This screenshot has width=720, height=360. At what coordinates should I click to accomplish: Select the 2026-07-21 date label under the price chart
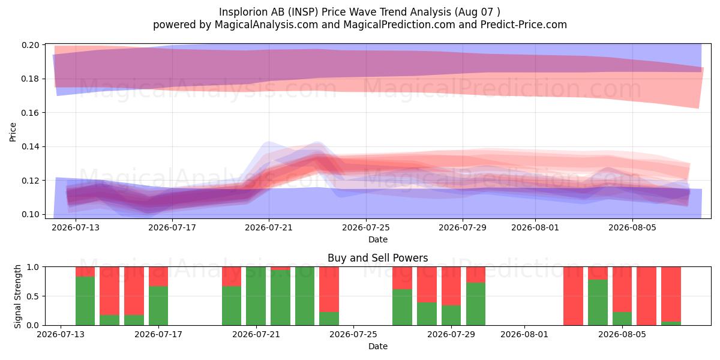coord(269,227)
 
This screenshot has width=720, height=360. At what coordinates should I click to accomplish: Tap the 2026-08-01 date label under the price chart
coord(535,227)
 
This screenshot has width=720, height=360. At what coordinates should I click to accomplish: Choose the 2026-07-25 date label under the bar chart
coord(353,334)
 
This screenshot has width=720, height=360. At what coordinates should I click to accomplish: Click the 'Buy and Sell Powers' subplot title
coord(377,258)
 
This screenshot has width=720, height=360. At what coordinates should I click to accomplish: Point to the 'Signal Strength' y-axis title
coord(17,296)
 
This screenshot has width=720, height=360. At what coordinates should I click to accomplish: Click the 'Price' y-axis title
coord(13,132)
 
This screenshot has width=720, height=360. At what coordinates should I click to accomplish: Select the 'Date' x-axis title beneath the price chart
coord(378,239)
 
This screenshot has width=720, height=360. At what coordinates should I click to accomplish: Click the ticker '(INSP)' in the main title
coord(303,12)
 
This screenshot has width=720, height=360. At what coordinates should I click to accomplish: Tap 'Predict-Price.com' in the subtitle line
coord(524,25)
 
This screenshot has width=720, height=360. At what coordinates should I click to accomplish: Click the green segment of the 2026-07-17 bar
coord(158,305)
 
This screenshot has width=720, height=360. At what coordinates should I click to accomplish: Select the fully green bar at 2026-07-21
coord(256,296)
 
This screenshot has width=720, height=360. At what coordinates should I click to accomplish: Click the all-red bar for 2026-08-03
coord(573,296)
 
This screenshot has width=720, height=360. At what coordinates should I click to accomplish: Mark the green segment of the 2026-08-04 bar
coord(598,302)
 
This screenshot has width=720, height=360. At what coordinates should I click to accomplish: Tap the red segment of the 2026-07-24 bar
coord(329,289)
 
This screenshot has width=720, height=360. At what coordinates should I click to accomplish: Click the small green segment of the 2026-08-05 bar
coord(622,319)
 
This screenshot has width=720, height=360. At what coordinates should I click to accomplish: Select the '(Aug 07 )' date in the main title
coord(478,12)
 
